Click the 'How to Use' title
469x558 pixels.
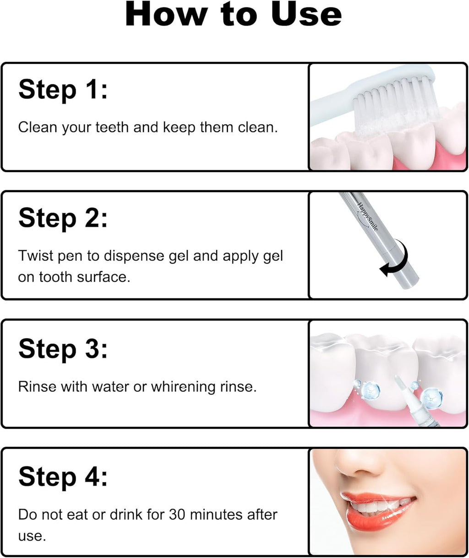234,15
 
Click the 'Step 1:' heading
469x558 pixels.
63,89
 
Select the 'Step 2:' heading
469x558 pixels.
63,218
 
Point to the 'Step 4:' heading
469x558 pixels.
63,477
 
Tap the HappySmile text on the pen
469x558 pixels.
368,216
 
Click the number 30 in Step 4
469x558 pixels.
177,515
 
